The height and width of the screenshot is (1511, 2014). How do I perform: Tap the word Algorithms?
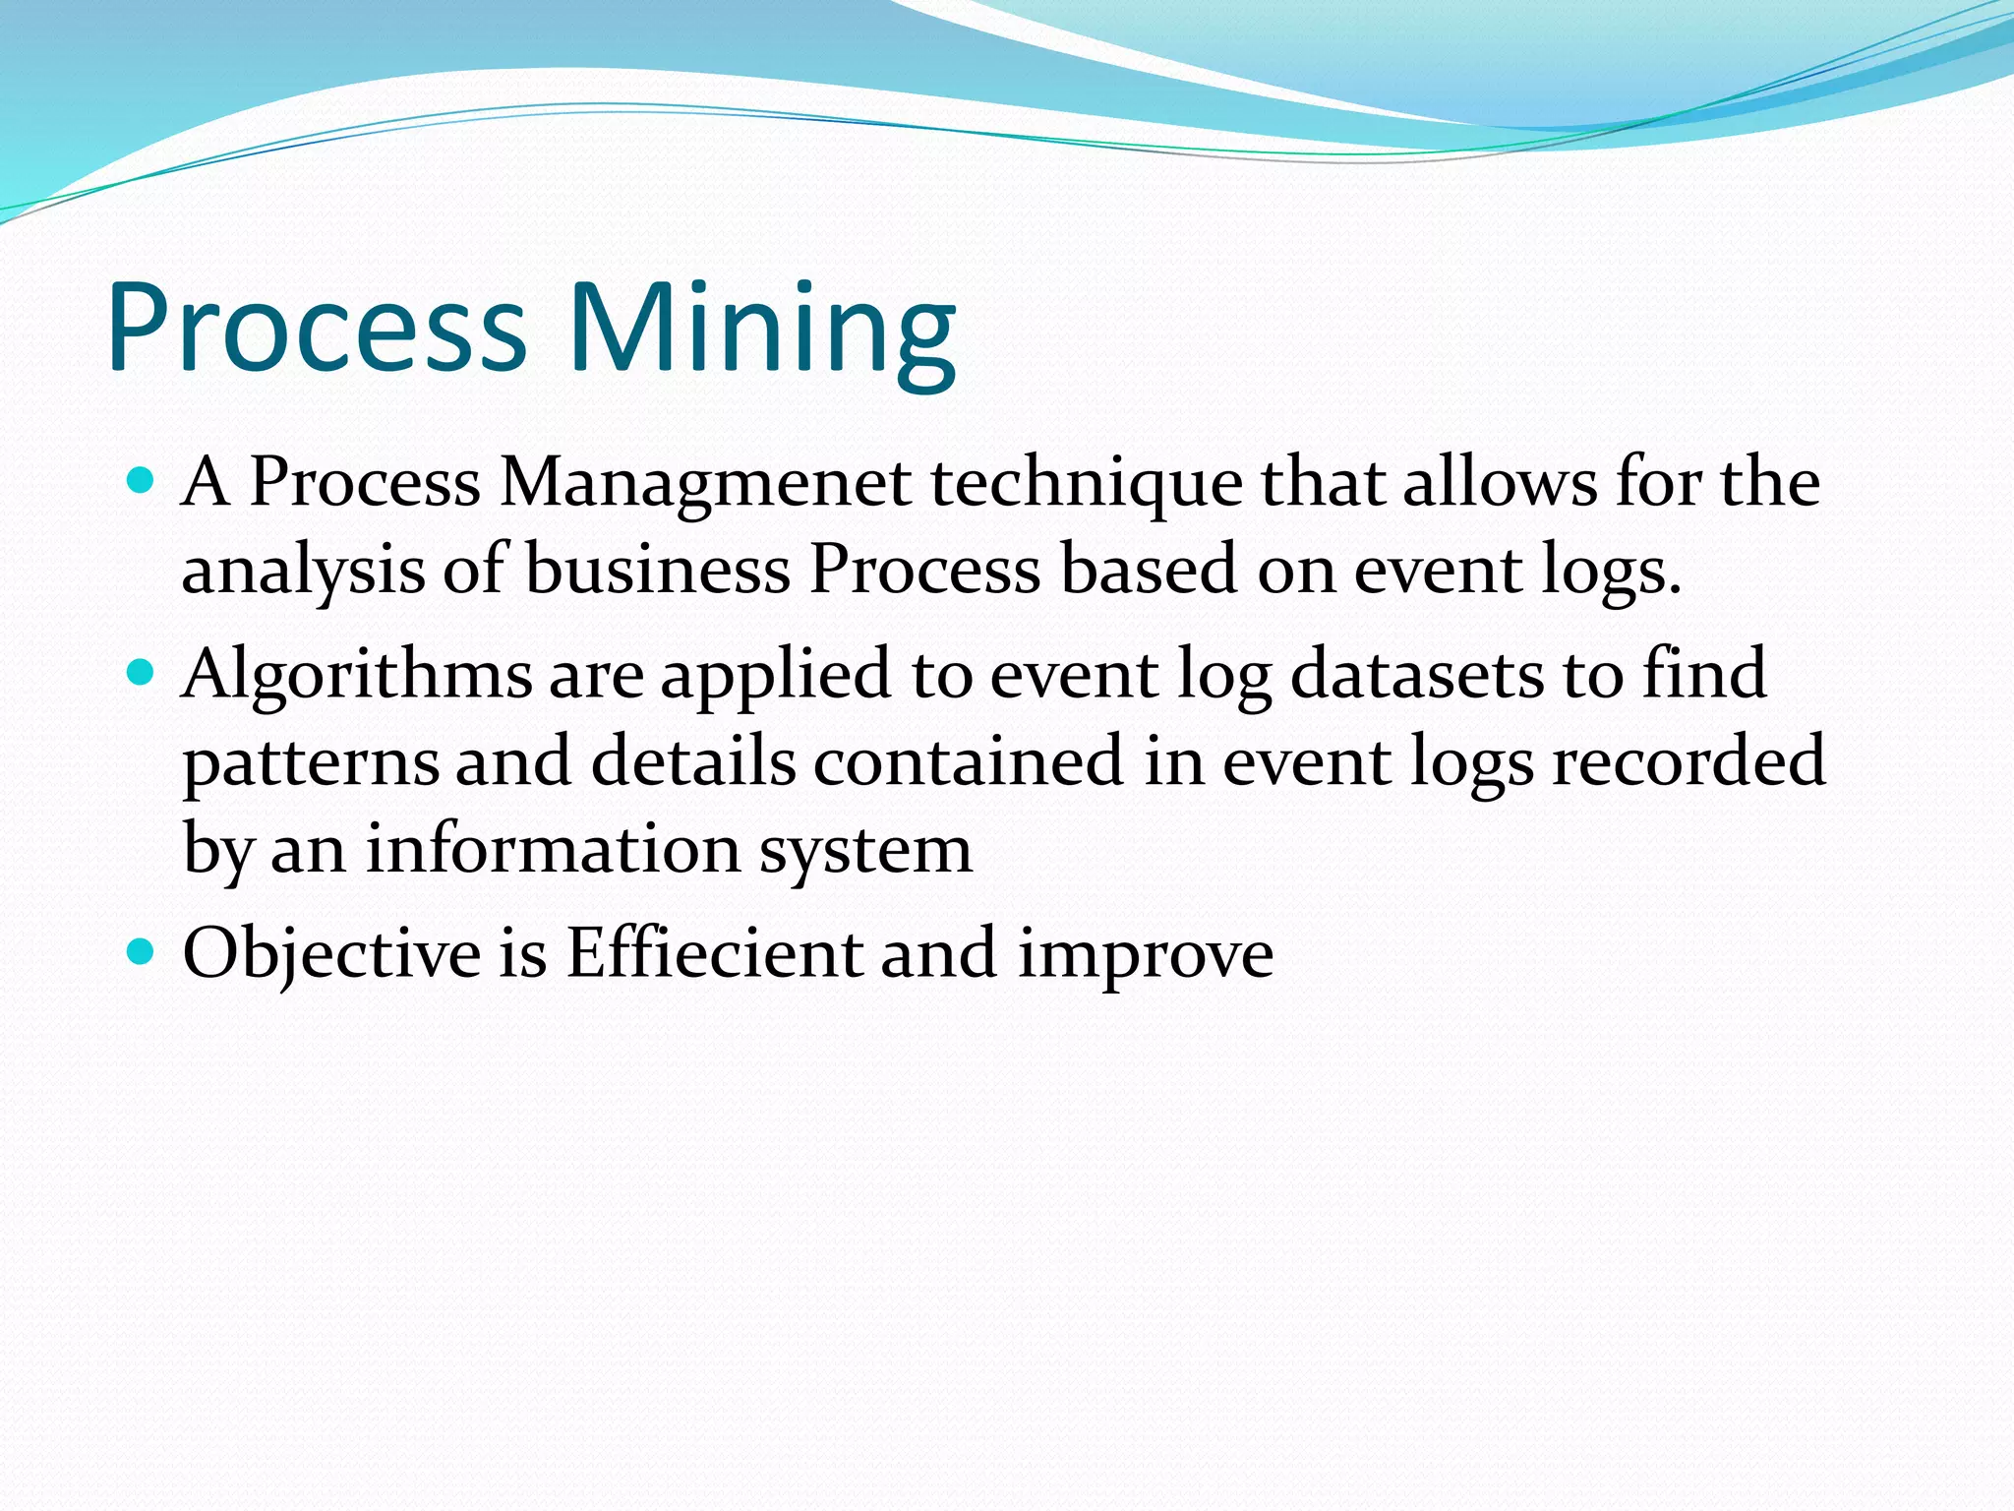356,676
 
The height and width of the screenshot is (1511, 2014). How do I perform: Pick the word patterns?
311,763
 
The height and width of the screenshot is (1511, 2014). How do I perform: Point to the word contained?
968,761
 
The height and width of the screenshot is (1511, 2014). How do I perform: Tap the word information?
553,848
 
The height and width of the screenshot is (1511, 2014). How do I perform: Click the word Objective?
331,954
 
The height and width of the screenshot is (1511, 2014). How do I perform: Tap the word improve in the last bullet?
1145,954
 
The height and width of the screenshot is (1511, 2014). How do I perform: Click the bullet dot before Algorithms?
142,673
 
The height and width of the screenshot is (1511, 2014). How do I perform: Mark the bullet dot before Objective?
142,951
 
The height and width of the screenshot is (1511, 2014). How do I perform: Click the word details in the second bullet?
692,761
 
